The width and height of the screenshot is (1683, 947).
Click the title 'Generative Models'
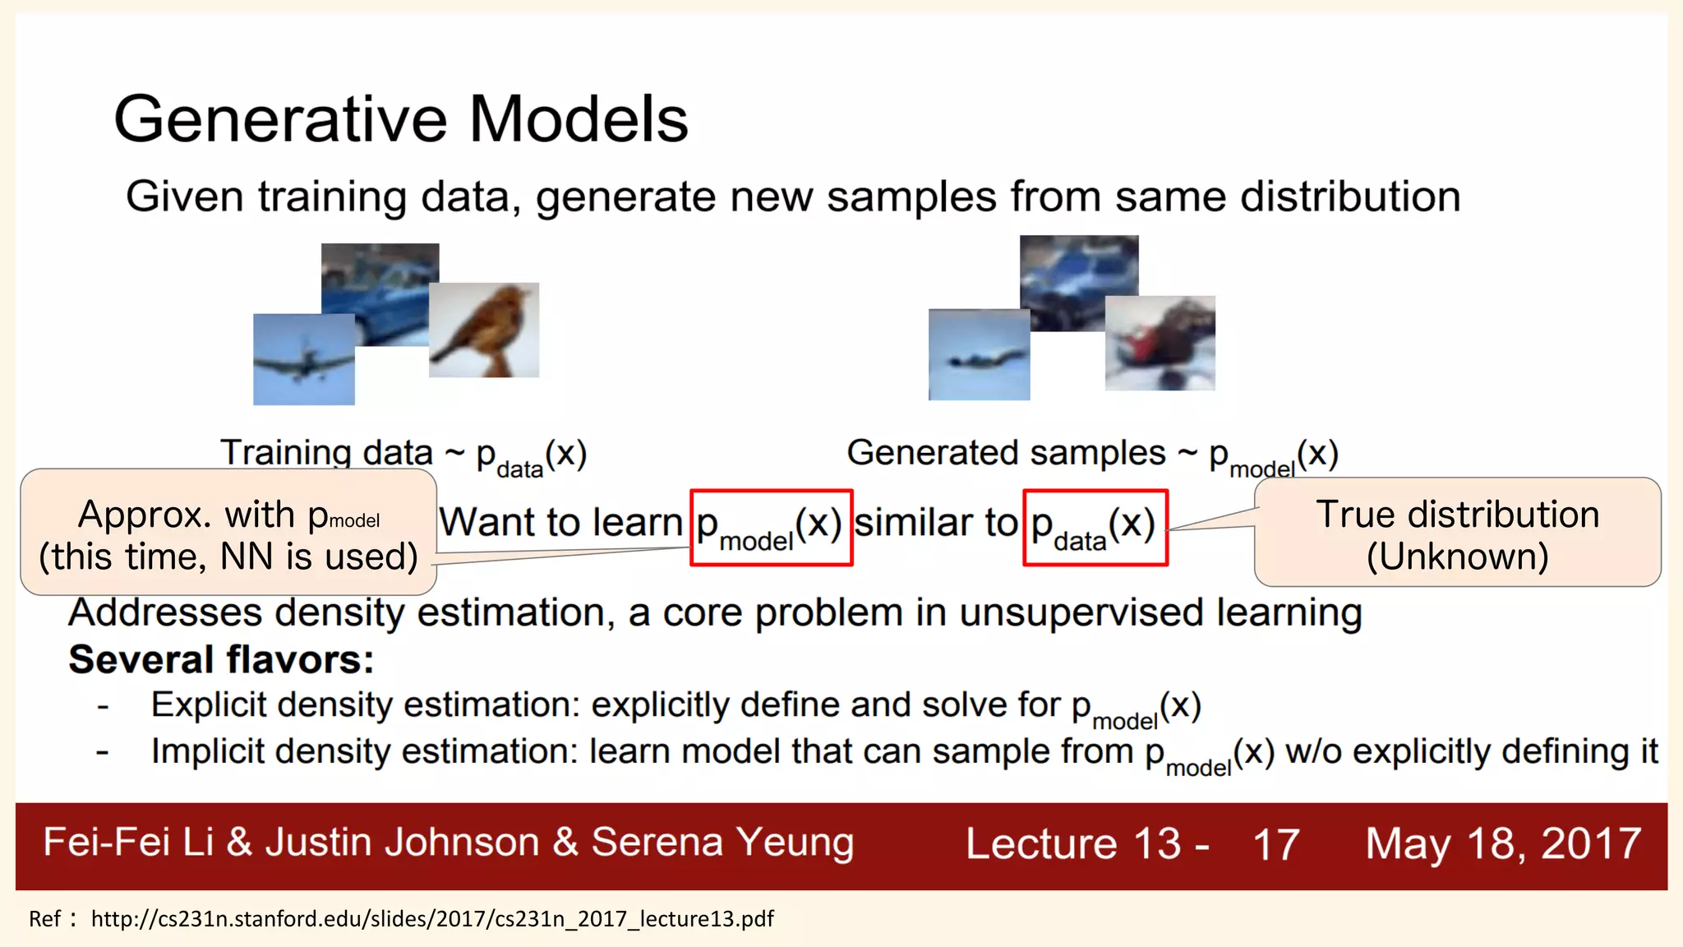pos(400,119)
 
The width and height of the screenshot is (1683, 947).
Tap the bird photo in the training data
pos(485,330)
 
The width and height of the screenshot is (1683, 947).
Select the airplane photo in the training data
pos(303,359)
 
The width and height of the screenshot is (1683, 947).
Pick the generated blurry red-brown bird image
pos(1160,343)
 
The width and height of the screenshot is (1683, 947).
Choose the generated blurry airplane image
pos(978,355)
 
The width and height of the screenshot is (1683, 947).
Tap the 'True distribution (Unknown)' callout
pos(1457,534)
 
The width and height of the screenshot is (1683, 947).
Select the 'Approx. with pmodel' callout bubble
pos(228,534)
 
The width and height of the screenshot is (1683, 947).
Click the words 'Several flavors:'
pos(221,659)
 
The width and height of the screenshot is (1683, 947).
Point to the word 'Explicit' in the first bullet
pos(209,705)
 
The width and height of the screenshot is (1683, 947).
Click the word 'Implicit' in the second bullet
pos(207,751)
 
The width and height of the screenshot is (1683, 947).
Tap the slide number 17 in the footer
pos(1275,844)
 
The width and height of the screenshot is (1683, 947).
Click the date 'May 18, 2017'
pos(1503,844)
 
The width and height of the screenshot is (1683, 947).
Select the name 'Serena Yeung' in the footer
pos(722,843)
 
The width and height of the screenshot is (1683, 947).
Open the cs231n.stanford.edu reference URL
pos(432,918)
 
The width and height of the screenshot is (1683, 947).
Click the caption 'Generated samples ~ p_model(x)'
pos(1092,455)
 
